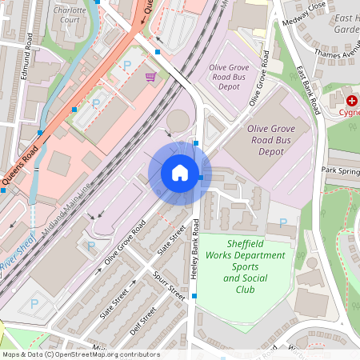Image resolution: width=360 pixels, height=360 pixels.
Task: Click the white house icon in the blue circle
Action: pyautogui.click(x=180, y=173)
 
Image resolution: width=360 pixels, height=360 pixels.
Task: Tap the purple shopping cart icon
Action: pyautogui.click(x=150, y=77)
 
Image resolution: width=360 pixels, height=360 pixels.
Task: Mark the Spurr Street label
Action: pyautogui.click(x=169, y=286)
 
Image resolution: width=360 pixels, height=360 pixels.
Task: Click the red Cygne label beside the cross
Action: pyautogui.click(x=349, y=112)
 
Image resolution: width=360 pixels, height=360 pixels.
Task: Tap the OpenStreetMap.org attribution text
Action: pyautogui.click(x=106, y=354)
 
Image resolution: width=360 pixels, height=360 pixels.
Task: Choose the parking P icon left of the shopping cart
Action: pyautogui.click(x=126, y=65)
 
